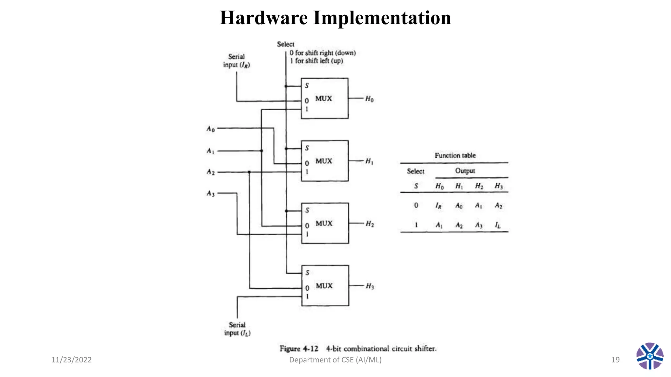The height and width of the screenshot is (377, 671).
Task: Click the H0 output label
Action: point(369,99)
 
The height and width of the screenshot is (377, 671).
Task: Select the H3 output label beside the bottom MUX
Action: point(370,286)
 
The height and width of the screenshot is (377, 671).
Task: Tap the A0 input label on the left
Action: point(210,129)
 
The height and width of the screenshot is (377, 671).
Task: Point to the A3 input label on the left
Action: point(210,193)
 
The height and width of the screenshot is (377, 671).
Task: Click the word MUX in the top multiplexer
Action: point(324,99)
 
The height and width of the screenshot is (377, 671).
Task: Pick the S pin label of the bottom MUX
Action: point(307,273)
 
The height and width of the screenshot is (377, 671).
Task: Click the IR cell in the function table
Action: point(438,206)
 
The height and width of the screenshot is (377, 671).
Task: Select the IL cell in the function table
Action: point(498,225)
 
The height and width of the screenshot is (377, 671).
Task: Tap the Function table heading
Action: point(455,155)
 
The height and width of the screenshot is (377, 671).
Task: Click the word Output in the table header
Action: point(465,171)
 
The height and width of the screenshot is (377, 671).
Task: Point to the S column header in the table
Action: point(416,186)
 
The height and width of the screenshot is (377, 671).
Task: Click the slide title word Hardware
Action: point(264,18)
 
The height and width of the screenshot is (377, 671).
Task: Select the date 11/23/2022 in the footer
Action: point(71,360)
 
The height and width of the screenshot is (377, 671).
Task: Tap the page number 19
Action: point(615,360)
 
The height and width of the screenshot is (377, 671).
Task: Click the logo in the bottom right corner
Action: point(650,356)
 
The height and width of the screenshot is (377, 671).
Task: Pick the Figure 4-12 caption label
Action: point(299,349)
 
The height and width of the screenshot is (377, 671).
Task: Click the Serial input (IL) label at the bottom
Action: point(237,329)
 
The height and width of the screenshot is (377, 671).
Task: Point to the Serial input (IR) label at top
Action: point(236,61)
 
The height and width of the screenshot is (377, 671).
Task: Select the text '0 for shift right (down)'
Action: point(322,53)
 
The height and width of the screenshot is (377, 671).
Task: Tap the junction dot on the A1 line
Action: point(261,151)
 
